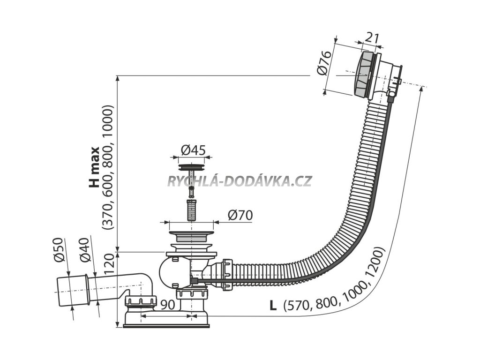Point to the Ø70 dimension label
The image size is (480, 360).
[240, 215]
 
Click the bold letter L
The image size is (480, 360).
[273, 306]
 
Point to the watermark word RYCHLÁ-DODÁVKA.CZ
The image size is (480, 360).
[239, 181]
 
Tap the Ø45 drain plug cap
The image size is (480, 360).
[192, 166]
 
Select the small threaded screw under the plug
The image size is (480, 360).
[191, 210]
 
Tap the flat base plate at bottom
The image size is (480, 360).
[166, 324]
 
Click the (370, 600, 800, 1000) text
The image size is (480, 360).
[108, 167]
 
